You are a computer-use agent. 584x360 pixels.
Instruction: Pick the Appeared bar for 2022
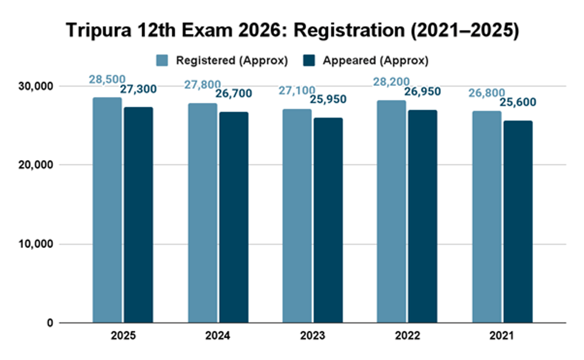(422, 216)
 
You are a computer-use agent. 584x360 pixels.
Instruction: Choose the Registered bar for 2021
(487, 217)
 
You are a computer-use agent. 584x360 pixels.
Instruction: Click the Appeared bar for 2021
(518, 222)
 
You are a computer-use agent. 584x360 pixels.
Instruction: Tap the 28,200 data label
(391, 82)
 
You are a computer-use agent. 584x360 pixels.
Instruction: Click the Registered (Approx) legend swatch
(162, 60)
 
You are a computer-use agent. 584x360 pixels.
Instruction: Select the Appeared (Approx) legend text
(376, 60)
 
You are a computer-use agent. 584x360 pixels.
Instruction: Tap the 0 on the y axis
(50, 323)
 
